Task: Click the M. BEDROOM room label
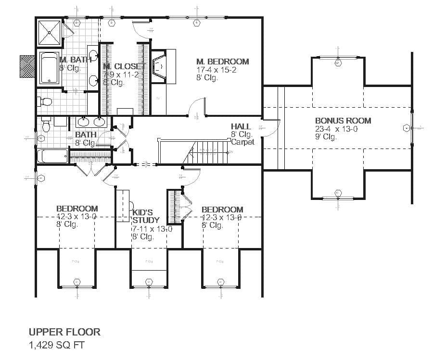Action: coord(222,62)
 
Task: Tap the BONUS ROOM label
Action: coord(343,121)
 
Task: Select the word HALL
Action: coord(241,126)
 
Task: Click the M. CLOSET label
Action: coord(124,66)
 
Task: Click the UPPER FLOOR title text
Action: coord(64,332)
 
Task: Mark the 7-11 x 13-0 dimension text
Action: coord(152,229)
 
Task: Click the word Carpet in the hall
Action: coord(242,142)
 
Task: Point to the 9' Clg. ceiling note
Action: coord(326,137)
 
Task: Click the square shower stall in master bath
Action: coord(50,32)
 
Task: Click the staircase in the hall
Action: coord(207,152)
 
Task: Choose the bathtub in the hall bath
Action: coord(52,156)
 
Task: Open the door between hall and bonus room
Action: coord(272,127)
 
